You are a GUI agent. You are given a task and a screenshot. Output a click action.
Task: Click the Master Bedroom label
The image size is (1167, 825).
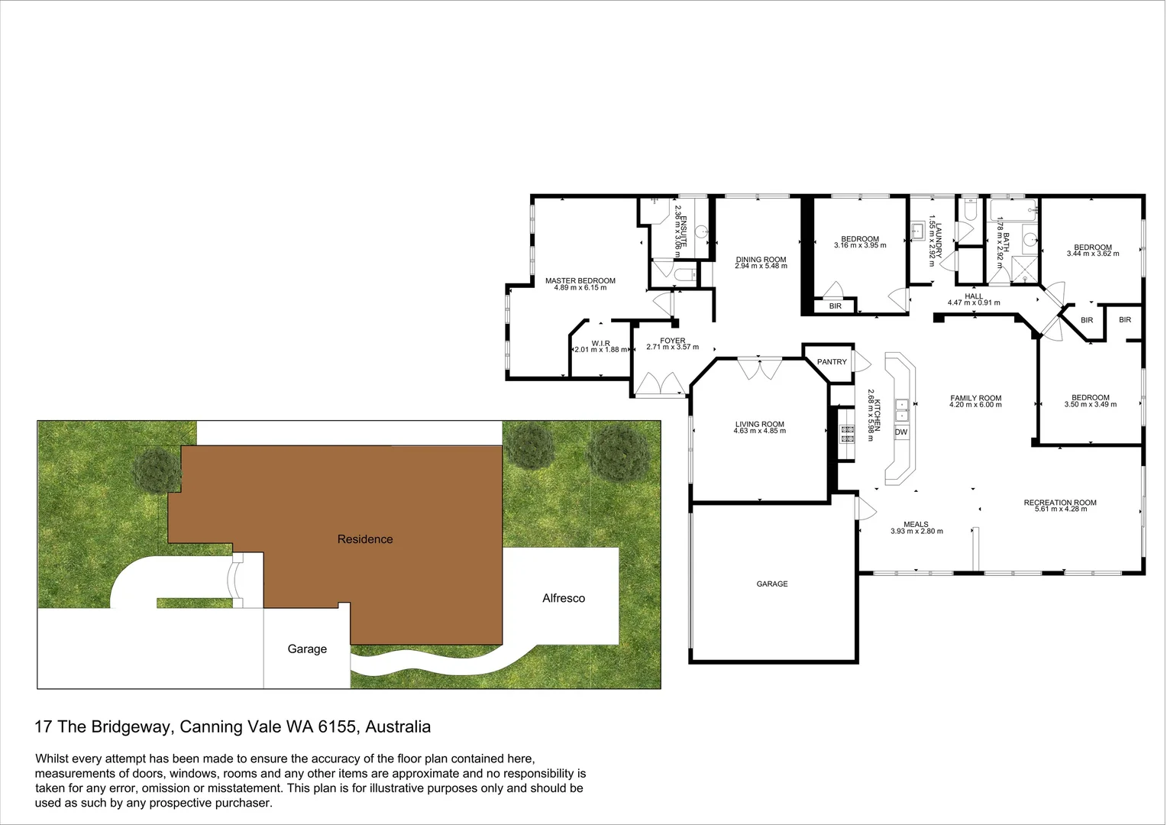(580, 281)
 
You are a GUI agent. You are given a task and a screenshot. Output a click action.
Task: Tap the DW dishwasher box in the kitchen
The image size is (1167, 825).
(901, 432)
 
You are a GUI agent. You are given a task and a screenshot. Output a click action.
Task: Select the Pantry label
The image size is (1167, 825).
(832, 362)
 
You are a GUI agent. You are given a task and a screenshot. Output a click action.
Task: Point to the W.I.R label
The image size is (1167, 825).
(600, 344)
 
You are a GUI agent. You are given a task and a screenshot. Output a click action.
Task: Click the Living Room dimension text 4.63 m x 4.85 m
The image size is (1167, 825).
(759, 431)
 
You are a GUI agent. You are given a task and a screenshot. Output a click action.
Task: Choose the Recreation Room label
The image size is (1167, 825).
(1059, 503)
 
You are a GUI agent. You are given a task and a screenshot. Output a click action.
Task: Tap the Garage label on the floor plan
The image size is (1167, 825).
(771, 584)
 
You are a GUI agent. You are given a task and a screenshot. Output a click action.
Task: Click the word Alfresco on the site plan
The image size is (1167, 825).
(564, 598)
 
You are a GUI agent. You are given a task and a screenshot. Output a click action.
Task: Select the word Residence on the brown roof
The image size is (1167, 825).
(365, 539)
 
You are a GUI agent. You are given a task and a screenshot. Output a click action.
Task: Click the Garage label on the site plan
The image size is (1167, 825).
(307, 649)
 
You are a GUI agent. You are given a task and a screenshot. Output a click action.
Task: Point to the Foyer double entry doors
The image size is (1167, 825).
(659, 383)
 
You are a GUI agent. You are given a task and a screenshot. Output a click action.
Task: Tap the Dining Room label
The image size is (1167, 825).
(761, 260)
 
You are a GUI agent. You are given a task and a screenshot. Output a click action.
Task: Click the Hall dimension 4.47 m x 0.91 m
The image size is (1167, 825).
(973, 302)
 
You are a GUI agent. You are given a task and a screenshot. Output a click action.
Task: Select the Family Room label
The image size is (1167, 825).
(975, 398)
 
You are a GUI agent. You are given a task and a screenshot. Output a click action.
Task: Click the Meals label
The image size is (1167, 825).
(916, 525)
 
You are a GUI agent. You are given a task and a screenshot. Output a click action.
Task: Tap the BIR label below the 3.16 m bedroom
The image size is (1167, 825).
(835, 306)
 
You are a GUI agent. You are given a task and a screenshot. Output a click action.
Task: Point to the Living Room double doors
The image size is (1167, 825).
(758, 368)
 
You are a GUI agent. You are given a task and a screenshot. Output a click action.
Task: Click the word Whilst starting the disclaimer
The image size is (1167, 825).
(54, 759)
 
